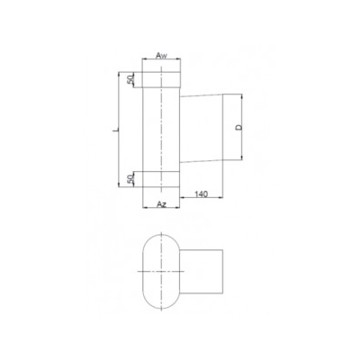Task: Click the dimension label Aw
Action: coord(162,56)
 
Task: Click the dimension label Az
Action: coord(161,204)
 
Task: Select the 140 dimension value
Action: coord(201,193)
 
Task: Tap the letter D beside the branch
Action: coord(238,128)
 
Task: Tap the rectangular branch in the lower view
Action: coord(203,271)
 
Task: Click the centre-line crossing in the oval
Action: coord(162,271)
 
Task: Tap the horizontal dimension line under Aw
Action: coord(162,62)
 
